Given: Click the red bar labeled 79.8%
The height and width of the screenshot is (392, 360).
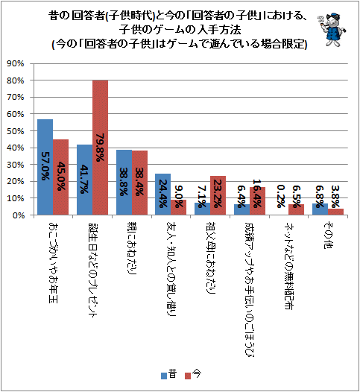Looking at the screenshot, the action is (x=101, y=148).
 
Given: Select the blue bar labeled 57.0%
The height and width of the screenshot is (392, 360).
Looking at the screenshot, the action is (x=45, y=167).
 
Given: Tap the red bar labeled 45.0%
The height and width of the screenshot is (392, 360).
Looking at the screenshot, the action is (x=61, y=177).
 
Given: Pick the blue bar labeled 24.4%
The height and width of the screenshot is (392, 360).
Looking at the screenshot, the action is (x=163, y=195).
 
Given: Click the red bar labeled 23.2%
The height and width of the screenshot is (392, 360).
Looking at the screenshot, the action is (x=218, y=195).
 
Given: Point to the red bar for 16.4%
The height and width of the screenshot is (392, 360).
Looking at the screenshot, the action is (x=257, y=201).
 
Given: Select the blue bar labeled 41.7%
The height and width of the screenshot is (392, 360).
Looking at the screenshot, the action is (x=85, y=180).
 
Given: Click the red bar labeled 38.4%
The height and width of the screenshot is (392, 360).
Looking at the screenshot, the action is (x=139, y=183).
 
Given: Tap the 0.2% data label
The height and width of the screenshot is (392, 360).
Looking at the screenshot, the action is (x=281, y=196).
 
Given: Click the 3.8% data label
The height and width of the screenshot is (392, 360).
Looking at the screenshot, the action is (x=335, y=196).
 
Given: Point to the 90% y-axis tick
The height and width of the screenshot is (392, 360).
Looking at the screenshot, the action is (x=16, y=64).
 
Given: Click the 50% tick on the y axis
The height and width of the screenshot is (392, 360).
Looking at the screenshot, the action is (x=16, y=131).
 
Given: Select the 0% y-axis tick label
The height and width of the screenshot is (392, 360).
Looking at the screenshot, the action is (x=18, y=215).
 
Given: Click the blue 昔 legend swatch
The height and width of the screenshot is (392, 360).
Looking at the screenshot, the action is (x=164, y=376).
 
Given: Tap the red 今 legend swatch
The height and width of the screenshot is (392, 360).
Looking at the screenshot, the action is (x=188, y=376).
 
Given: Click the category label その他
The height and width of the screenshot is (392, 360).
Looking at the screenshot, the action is (x=328, y=235).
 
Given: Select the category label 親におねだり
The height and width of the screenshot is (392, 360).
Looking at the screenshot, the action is (x=132, y=248).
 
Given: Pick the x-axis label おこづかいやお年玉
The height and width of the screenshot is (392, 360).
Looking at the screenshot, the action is (x=53, y=262).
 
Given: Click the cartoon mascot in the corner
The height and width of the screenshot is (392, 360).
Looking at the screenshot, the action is (x=332, y=30).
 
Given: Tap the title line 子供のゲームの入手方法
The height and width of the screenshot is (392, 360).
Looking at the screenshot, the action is (x=180, y=30).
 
